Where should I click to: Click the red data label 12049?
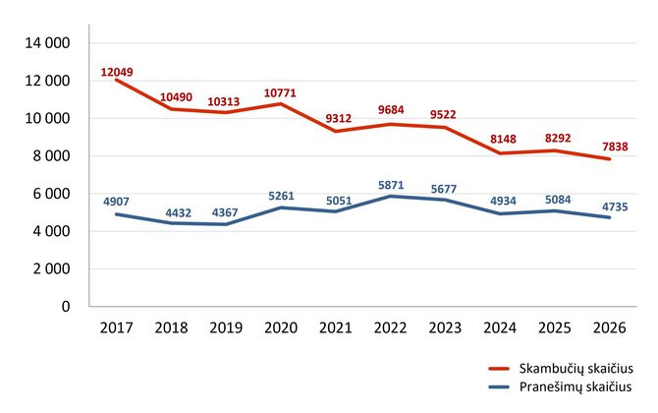[117, 72]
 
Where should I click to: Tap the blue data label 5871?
[391, 185]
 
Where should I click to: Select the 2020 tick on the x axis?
[281, 327]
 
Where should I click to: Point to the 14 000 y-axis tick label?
[47, 43]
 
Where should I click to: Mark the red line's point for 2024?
[500, 153]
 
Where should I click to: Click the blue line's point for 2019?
[226, 224]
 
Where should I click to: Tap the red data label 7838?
[615, 147]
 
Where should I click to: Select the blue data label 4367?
[225, 212]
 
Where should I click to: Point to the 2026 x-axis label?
[609, 327]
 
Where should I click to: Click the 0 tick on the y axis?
[66, 306]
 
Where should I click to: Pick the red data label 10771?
[280, 92]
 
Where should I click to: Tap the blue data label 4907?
[116, 202]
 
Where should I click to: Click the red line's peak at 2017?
[116, 80]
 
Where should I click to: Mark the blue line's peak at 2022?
[390, 196]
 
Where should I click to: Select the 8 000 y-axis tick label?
[52, 156]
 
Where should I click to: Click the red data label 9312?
[338, 118]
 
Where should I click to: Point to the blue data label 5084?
[558, 200]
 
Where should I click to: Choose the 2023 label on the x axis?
[445, 327]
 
